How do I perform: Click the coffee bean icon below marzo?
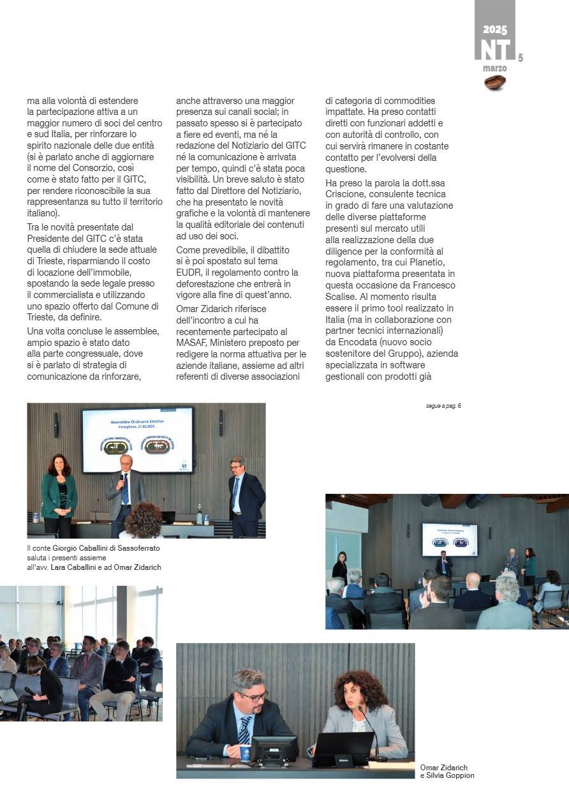[495, 82]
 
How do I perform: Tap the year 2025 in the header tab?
[495, 30]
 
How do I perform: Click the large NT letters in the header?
[495, 50]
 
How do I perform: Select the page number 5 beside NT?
[520, 58]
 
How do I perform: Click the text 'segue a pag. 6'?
[443, 406]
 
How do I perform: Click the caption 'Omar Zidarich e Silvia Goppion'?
[447, 772]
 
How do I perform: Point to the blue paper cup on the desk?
[245, 752]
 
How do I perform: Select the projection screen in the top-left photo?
[138, 440]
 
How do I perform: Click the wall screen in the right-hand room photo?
[450, 539]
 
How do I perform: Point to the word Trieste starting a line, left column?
[41, 317]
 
